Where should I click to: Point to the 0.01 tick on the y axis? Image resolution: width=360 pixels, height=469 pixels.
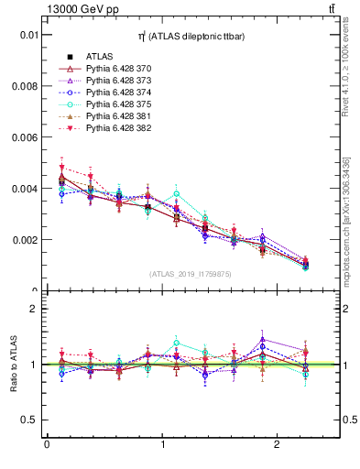[x=28, y=35]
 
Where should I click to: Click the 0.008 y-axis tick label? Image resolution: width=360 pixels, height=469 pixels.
[x=26, y=86]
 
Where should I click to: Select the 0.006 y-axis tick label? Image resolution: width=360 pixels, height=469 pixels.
[x=26, y=137]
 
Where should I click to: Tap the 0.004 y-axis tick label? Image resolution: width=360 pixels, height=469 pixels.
[x=26, y=189]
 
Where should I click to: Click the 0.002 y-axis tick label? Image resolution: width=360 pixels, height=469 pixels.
[x=26, y=240]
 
